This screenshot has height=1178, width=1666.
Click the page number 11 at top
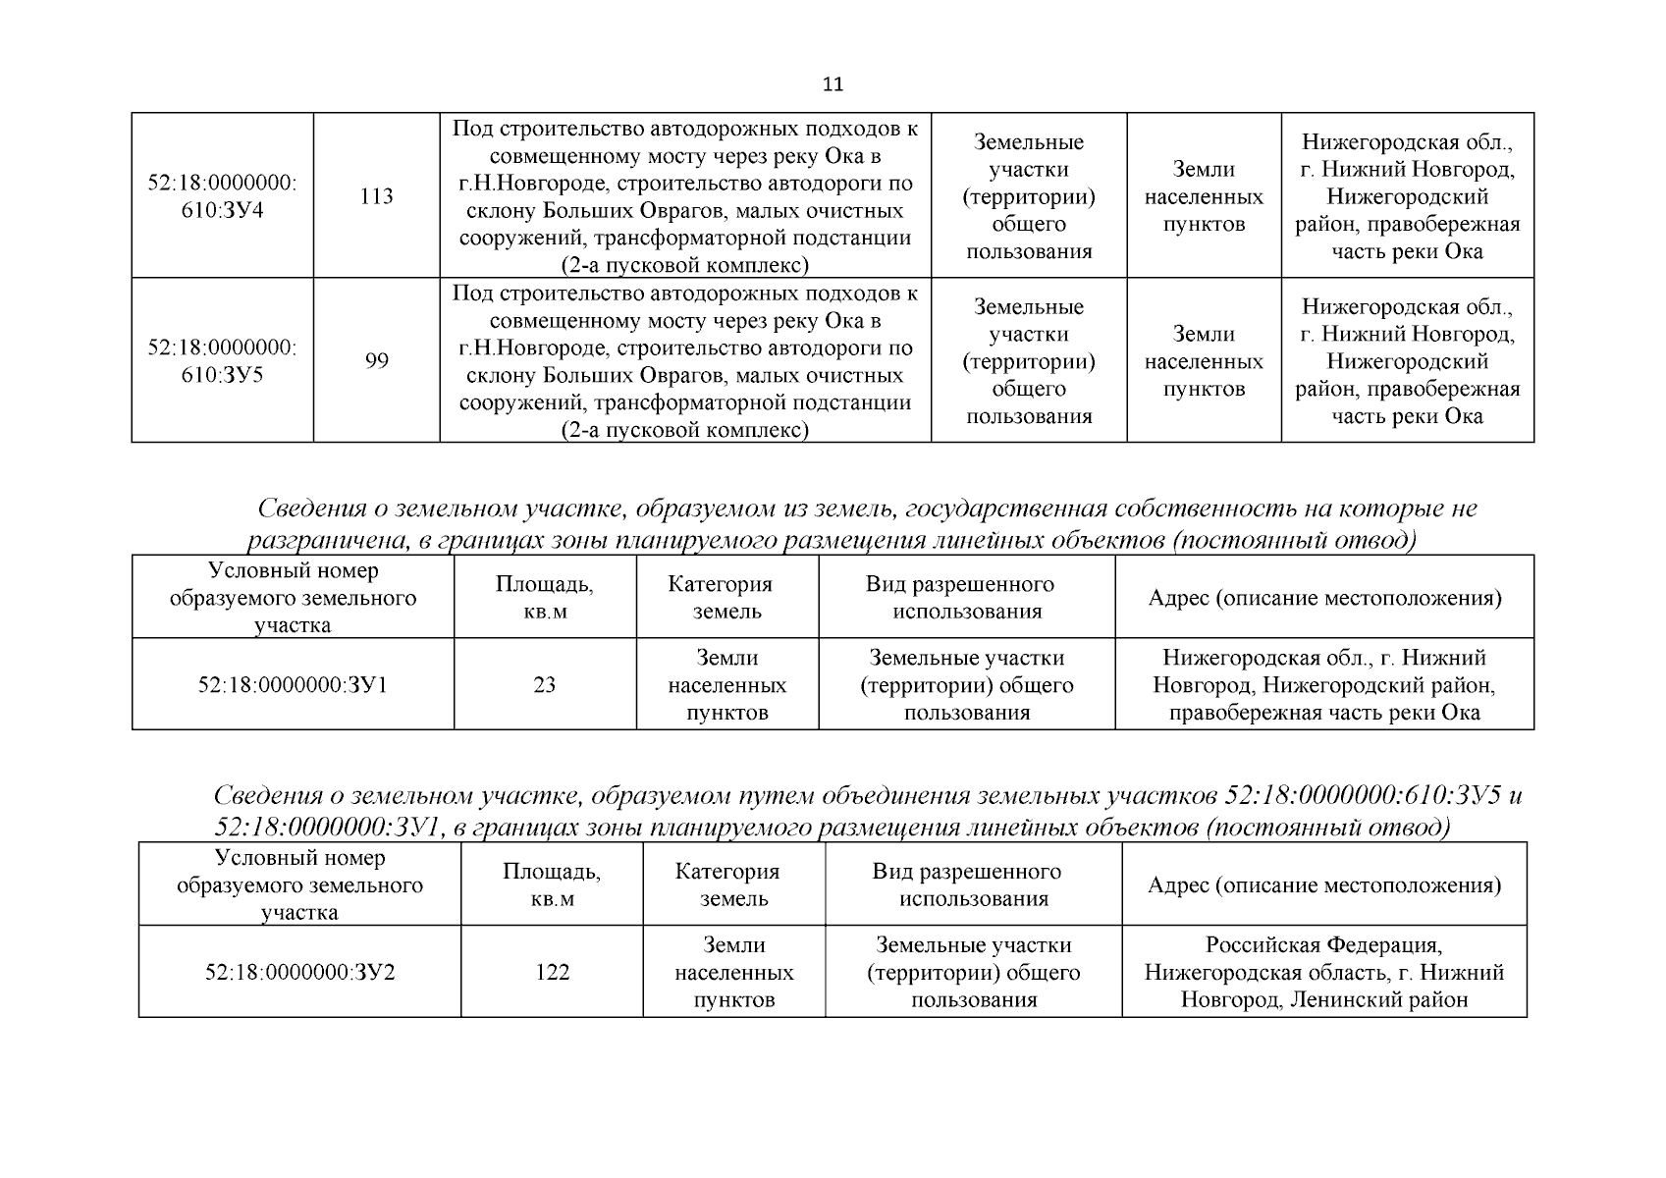(x=832, y=84)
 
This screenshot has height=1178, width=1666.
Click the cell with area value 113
(x=377, y=196)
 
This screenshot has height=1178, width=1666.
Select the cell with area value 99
(x=377, y=361)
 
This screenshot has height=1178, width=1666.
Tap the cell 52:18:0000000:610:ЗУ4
(x=223, y=196)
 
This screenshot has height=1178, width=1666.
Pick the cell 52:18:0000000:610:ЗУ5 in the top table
(x=223, y=361)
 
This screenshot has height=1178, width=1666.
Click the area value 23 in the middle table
(x=545, y=685)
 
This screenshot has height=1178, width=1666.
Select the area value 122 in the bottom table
(x=552, y=972)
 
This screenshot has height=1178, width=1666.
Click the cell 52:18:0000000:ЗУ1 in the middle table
(x=293, y=685)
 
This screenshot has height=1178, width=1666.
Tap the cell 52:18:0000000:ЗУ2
(x=299, y=972)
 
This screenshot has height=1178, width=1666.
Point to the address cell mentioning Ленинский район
(x=1323, y=972)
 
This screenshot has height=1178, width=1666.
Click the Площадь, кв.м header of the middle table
(x=545, y=597)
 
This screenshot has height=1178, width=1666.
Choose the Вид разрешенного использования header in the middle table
(x=966, y=597)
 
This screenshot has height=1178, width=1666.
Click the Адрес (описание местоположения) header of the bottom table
(x=1323, y=885)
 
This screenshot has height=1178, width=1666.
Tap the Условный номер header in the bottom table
(x=299, y=884)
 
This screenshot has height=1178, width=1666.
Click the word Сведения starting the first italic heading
(x=312, y=509)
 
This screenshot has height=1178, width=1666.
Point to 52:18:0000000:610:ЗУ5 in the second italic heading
(x=1365, y=795)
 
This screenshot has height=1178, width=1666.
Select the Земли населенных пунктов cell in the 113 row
(x=1204, y=196)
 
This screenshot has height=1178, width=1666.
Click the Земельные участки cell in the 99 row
(x=1028, y=361)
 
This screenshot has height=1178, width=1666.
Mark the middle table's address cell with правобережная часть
(x=1323, y=685)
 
